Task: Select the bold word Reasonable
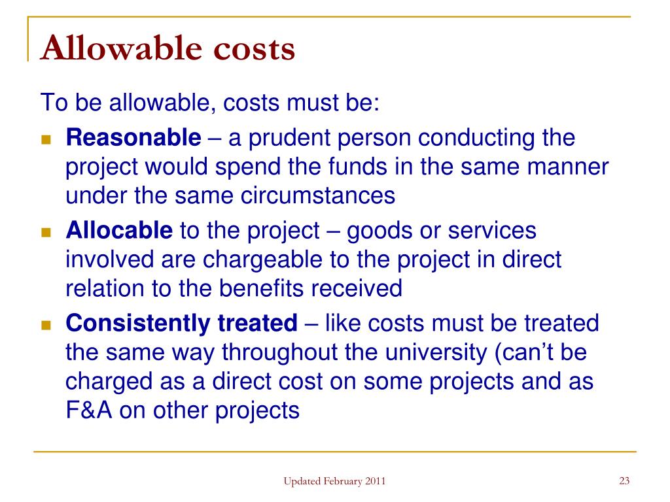[x=134, y=138]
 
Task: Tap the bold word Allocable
[x=119, y=231]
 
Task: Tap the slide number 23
[x=624, y=482]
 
